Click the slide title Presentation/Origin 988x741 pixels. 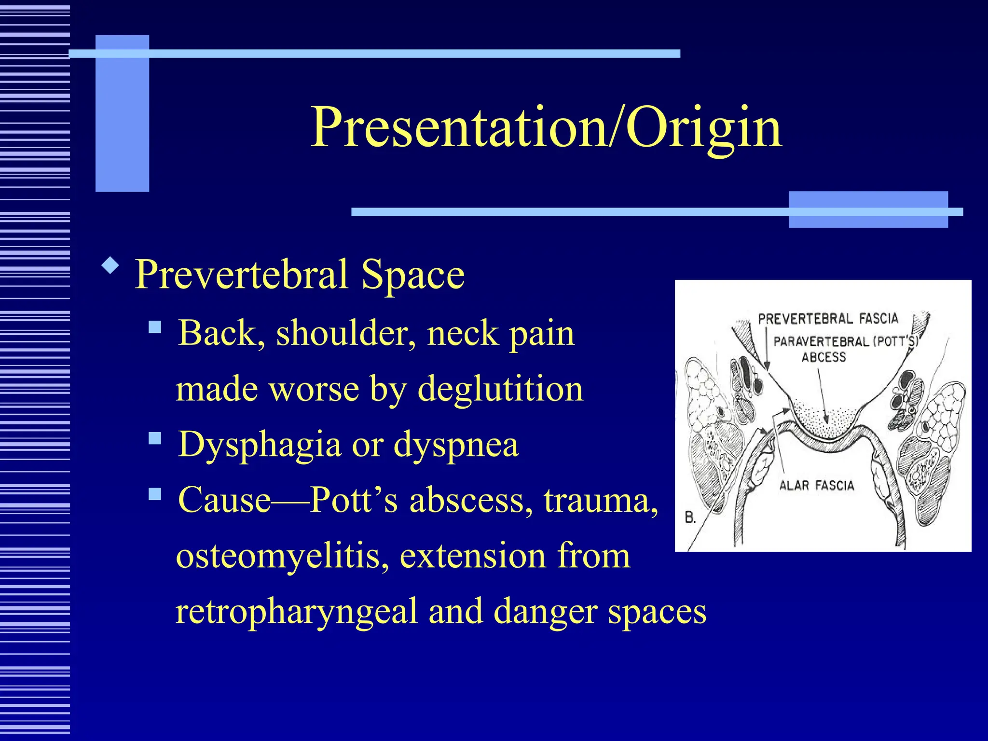pyautogui.click(x=546, y=128)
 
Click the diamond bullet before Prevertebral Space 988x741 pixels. pyautogui.click(x=110, y=265)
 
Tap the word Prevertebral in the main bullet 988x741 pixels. pyautogui.click(x=241, y=274)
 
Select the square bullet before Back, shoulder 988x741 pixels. pyautogui.click(x=155, y=328)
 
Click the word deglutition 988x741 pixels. pyautogui.click(x=500, y=389)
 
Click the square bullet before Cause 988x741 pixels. pyautogui.click(x=155, y=494)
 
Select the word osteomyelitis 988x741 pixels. pyautogui.click(x=282, y=556)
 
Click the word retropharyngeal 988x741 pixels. pyautogui.click(x=296, y=612)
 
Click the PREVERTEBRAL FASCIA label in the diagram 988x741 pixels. pyautogui.click(x=828, y=319)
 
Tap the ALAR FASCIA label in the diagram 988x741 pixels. pyautogui.click(x=816, y=485)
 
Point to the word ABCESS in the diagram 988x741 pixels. pyautogui.click(x=823, y=357)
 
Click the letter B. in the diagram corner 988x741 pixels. pyautogui.click(x=690, y=518)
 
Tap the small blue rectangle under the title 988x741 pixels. pyautogui.click(x=867, y=209)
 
